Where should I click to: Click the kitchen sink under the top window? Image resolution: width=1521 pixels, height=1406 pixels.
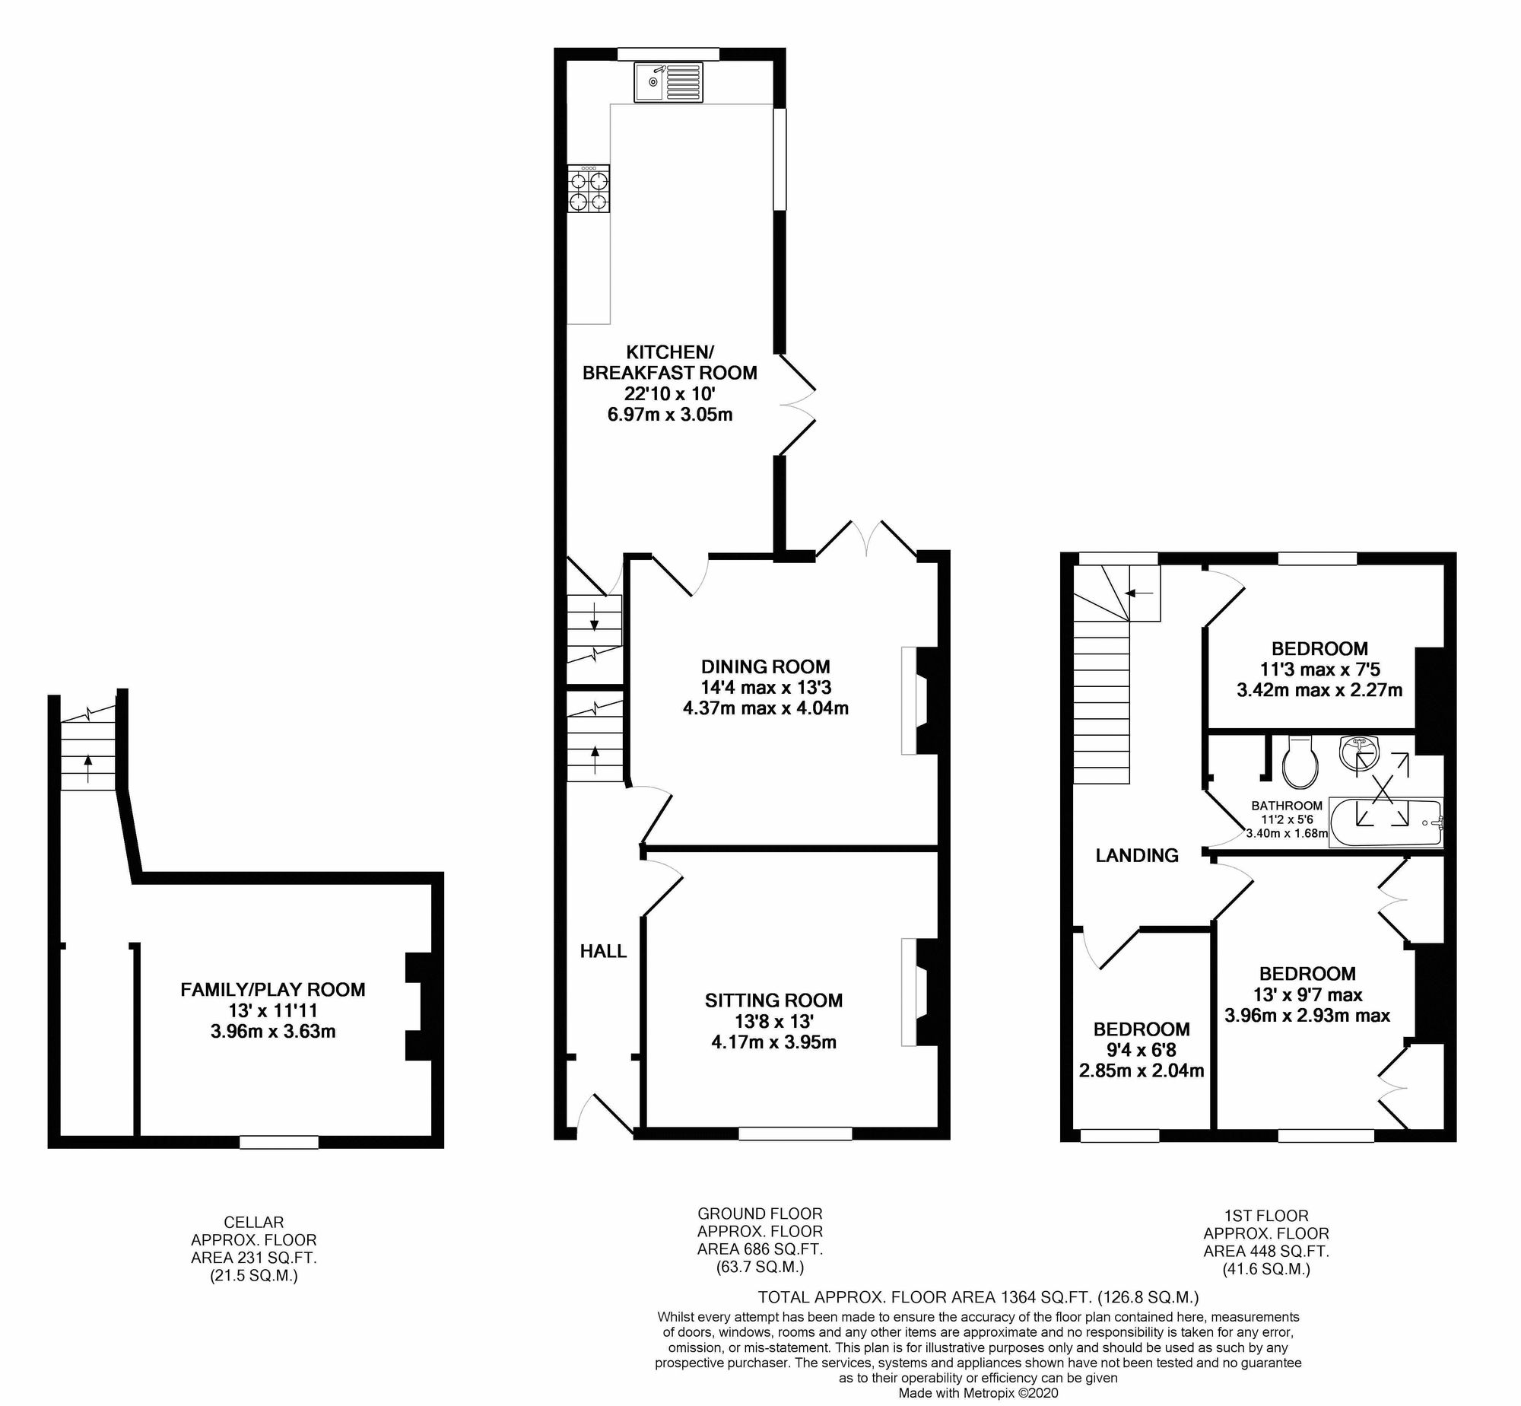pos(668,81)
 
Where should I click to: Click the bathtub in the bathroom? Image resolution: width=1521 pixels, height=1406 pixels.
pos(1385,822)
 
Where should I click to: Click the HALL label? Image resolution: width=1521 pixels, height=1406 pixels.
pos(603,951)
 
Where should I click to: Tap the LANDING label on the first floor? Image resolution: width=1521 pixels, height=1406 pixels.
pos(1136,855)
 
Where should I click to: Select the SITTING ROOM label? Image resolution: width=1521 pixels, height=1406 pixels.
pos(773,1000)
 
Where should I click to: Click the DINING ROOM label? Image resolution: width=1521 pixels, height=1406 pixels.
pos(765,666)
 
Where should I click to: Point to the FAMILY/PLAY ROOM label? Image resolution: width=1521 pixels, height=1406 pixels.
pos(272,989)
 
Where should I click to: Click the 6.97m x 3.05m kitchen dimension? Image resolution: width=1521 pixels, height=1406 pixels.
pos(669,415)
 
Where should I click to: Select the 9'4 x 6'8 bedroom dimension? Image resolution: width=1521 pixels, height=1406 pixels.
pos(1141,1050)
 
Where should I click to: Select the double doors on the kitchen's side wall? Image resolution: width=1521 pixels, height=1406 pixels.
pos(796,403)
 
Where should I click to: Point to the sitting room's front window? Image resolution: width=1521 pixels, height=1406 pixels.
pos(795,1134)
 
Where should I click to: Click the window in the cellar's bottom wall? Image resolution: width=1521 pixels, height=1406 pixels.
pos(278,1142)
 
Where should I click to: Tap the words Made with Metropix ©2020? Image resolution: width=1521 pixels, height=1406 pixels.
pos(977,1393)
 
